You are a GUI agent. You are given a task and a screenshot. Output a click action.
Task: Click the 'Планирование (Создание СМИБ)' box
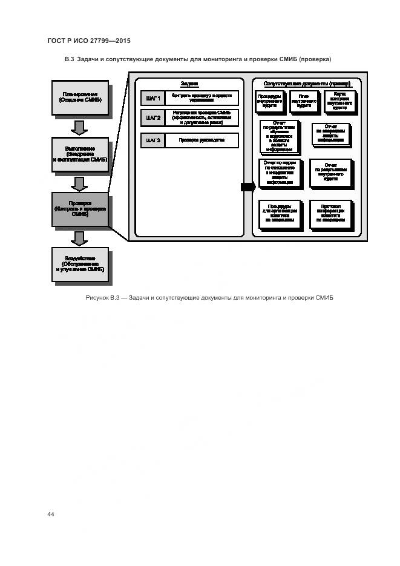[80, 97]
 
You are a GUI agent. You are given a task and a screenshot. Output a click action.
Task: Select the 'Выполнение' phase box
[80, 153]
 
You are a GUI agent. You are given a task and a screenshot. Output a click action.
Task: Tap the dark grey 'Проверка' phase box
[80, 209]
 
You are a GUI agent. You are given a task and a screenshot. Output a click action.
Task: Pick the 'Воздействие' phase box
[80, 265]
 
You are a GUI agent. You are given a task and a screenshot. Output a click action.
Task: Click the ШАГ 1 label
[152, 97]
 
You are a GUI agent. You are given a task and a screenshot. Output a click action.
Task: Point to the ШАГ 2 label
[152, 117]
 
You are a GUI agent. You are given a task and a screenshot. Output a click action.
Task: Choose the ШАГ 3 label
[152, 140]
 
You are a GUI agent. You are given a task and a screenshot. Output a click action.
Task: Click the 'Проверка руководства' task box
[202, 140]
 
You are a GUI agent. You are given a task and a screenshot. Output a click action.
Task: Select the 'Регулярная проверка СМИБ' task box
[202, 117]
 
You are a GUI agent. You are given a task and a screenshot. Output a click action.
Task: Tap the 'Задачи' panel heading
[189, 84]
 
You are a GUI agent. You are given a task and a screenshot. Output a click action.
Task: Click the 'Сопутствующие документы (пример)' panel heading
[307, 84]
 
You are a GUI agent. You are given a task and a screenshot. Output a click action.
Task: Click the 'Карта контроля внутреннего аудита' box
[339, 100]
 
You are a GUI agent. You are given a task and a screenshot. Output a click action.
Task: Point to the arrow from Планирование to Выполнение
[80, 127]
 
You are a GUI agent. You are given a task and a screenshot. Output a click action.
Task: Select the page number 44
[51, 515]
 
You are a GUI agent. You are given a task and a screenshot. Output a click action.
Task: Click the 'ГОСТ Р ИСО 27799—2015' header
[89, 41]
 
